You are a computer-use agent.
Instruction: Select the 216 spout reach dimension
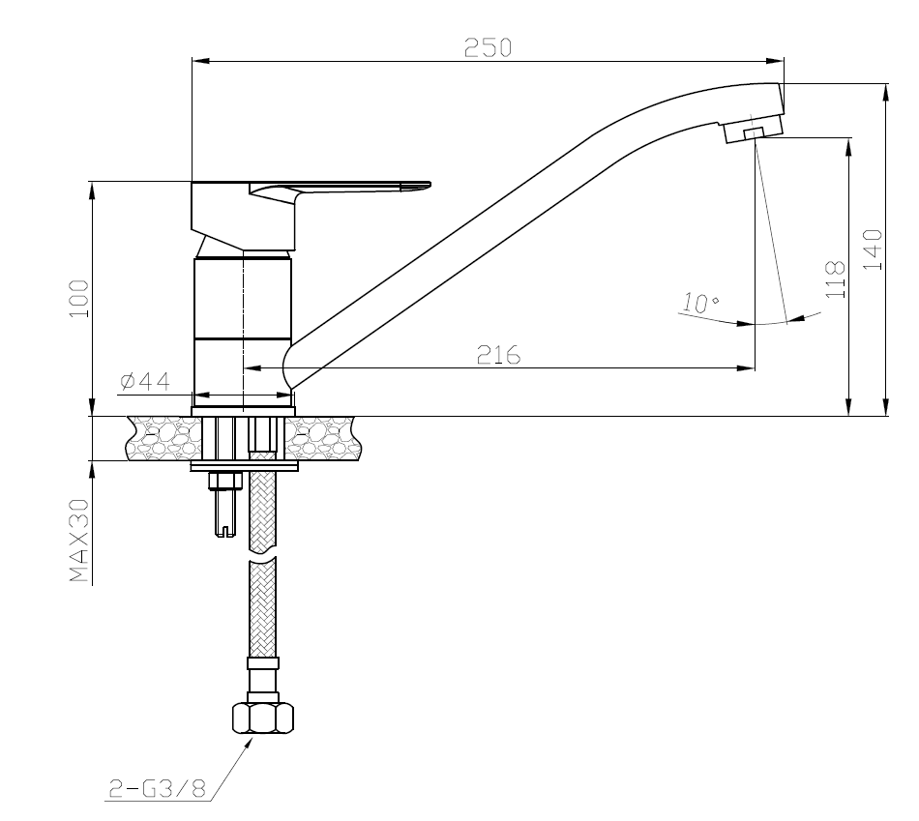pos(499,355)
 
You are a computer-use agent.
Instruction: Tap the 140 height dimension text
pos(873,249)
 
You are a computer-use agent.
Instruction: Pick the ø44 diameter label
pos(144,382)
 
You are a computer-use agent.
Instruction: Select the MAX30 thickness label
pos(79,542)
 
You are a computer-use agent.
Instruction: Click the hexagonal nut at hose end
pos(262,718)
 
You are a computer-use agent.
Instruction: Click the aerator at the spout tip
pos(751,132)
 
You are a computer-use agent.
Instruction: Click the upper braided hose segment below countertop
pos(262,513)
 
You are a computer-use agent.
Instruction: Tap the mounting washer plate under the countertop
pos(245,466)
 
